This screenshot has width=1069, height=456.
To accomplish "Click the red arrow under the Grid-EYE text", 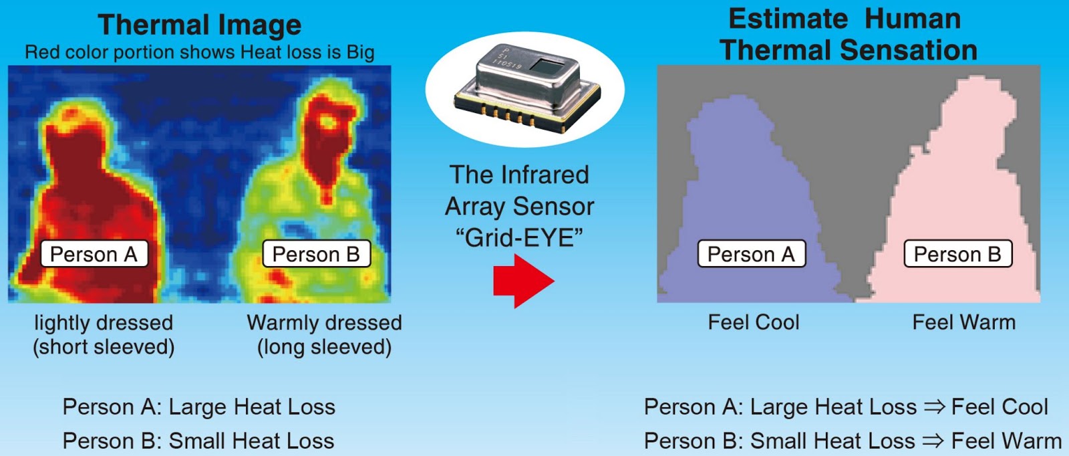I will point(522,281).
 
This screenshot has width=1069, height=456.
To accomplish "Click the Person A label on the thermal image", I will point(94,254).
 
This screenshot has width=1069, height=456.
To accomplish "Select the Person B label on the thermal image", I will point(316,254).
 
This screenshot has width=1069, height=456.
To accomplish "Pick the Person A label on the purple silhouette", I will point(752,254).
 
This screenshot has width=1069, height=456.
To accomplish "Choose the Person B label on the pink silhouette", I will point(957,254).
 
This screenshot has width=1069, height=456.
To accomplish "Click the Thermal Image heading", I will point(200,25).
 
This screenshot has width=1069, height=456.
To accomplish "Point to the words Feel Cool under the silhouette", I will point(754,322).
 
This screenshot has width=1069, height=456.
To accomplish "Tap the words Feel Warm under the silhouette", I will point(963,322).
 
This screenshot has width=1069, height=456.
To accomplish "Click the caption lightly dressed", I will point(104,323).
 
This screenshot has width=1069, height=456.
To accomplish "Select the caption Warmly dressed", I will point(325,323).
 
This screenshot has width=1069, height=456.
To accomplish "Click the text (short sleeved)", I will point(104,347).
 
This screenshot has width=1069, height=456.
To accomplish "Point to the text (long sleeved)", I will point(325,347).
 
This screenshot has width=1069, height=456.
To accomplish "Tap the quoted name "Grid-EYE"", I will point(519,238).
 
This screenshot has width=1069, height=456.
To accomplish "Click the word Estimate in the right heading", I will point(783,19).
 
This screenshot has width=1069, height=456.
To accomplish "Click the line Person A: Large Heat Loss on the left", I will point(199,407).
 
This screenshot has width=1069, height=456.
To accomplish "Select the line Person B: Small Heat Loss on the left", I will point(198,441).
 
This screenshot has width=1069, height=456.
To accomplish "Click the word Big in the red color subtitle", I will point(360,52).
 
